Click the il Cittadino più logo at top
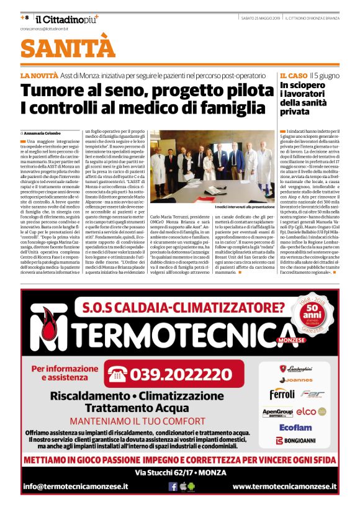point(65,19)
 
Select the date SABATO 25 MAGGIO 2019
point(264,18)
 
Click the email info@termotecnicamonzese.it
point(76,487)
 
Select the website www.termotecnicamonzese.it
point(284,487)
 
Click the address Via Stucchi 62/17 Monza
point(179,473)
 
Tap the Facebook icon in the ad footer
point(173,487)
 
